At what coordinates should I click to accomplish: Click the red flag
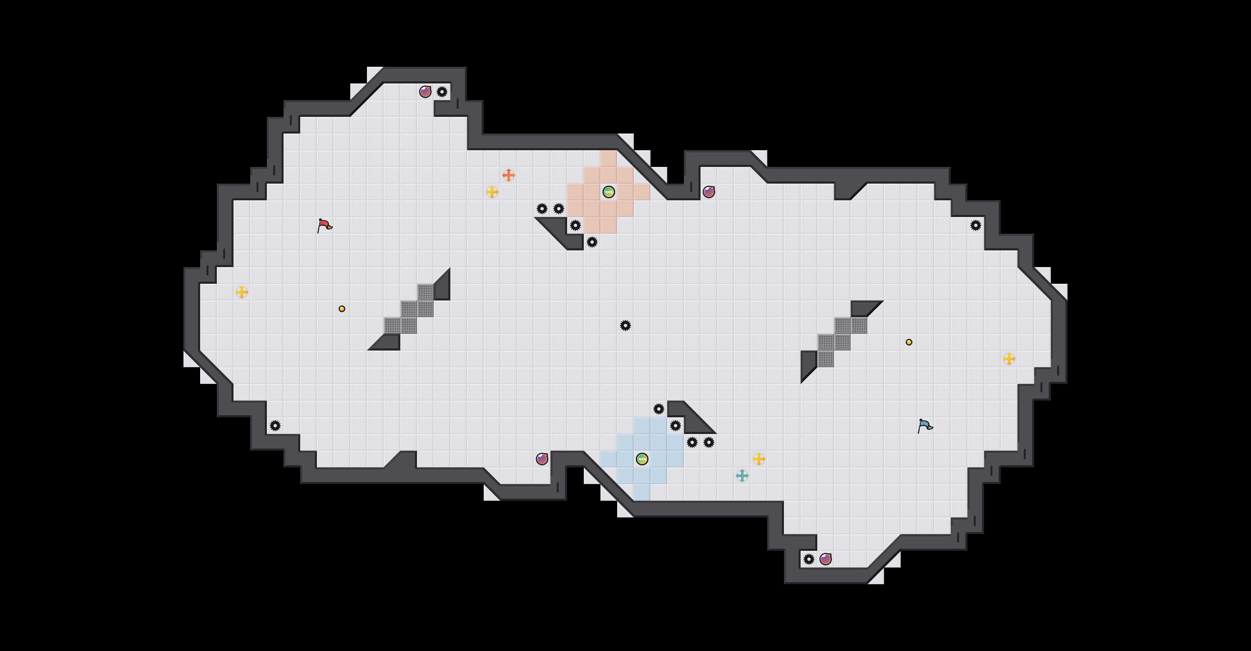(x=324, y=225)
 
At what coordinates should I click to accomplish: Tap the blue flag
(x=924, y=426)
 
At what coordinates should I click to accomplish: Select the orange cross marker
(x=508, y=175)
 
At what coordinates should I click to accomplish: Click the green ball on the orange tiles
(x=608, y=192)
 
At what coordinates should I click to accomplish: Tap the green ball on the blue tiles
(x=642, y=459)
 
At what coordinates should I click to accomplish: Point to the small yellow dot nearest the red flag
(x=342, y=309)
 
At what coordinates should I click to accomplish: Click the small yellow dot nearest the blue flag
(x=909, y=342)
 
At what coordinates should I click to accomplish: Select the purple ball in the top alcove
(x=425, y=92)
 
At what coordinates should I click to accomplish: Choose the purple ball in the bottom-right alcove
(x=826, y=559)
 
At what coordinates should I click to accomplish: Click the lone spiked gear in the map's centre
(x=625, y=325)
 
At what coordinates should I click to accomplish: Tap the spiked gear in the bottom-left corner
(x=275, y=426)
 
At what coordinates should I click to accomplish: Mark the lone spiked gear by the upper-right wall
(x=976, y=225)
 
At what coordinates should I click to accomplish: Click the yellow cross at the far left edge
(x=242, y=292)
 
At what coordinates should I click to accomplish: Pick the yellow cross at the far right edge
(x=1009, y=359)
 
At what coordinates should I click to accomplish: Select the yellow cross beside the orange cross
(x=492, y=192)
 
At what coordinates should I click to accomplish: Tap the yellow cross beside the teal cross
(x=759, y=459)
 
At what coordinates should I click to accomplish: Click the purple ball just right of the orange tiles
(x=709, y=192)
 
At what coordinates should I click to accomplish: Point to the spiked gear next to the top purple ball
(x=442, y=92)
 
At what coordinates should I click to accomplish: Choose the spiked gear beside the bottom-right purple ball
(x=809, y=559)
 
